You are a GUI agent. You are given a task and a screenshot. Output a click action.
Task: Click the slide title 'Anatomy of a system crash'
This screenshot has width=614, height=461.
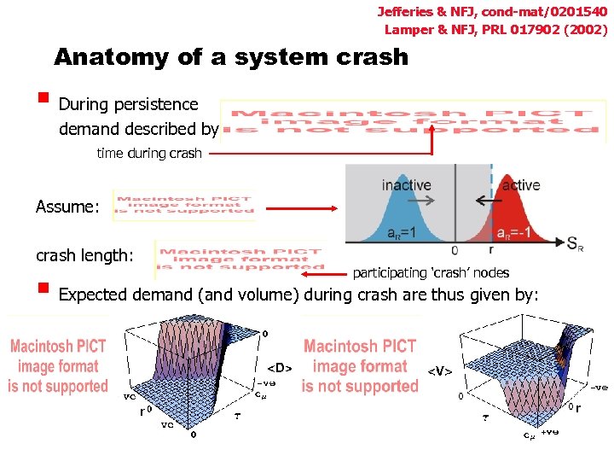[231, 57]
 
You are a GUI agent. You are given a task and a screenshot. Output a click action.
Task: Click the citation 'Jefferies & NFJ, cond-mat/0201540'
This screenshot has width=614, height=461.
[492, 12]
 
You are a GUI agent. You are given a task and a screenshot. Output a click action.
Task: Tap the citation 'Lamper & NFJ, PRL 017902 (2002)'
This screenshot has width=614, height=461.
[496, 29]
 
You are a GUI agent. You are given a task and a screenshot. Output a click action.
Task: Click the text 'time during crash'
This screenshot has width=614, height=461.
[149, 154]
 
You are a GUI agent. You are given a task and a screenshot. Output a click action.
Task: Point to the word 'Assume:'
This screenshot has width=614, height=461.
[67, 207]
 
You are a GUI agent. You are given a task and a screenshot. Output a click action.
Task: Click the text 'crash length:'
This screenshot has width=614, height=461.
[84, 255]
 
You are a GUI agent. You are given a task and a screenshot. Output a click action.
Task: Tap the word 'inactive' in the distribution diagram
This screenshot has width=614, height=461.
[407, 184]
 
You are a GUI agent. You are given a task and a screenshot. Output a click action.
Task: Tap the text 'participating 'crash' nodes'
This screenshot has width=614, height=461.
[431, 273]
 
